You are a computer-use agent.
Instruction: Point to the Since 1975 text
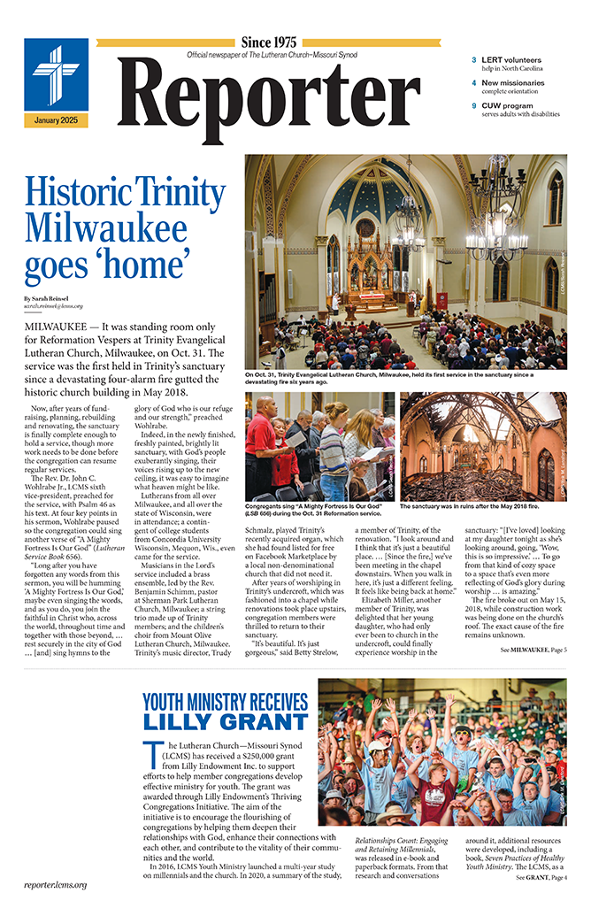coord(268,42)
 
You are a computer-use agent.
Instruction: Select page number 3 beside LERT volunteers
coord(474,60)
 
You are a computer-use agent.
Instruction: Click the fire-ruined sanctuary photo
coord(483,447)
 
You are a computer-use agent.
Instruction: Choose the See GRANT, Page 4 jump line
coord(541,903)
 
